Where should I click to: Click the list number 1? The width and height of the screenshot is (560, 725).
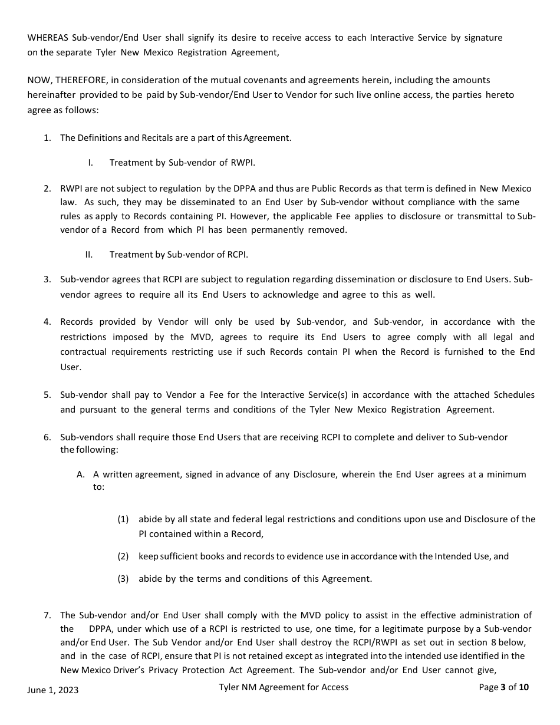click(x=47, y=138)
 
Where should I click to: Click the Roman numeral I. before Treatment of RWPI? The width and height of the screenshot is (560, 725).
click(x=90, y=163)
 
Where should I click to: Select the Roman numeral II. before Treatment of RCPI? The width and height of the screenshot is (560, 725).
click(x=89, y=255)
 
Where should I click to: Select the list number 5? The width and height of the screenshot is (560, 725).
click(x=47, y=395)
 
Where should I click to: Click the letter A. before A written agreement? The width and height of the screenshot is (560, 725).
click(x=81, y=474)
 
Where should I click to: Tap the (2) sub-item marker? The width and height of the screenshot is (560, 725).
click(x=123, y=556)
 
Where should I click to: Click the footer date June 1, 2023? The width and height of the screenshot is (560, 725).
click(x=52, y=690)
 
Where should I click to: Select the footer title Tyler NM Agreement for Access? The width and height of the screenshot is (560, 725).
click(x=283, y=687)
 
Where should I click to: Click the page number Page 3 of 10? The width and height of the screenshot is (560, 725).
click(x=503, y=687)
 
